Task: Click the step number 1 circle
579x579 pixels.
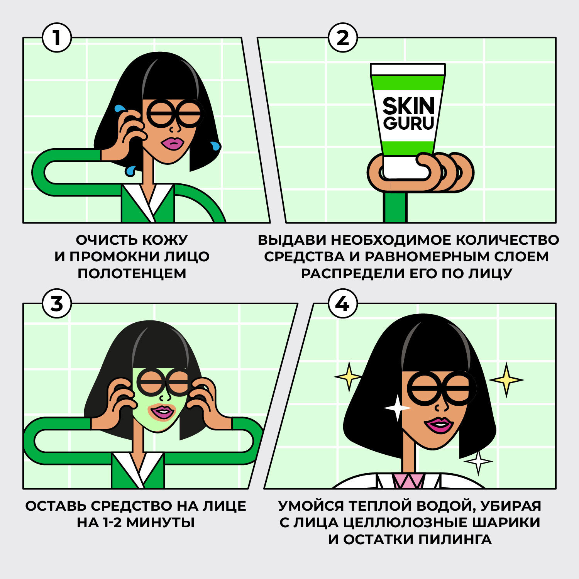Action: (57, 38)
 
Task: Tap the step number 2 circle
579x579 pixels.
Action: (343, 38)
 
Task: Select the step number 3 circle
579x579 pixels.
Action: (57, 303)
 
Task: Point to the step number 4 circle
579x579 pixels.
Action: (343, 303)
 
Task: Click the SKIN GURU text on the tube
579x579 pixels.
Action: (408, 113)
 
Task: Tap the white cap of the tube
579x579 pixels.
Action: (408, 69)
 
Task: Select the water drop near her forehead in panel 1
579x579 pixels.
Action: (118, 109)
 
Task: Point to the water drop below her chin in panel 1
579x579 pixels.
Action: (130, 170)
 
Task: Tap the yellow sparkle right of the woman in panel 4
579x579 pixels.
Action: (506, 380)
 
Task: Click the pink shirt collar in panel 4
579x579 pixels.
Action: (409, 481)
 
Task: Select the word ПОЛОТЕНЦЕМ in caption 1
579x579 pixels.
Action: (132, 273)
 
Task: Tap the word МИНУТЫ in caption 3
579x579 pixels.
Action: (161, 523)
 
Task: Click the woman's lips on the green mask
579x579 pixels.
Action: (163, 412)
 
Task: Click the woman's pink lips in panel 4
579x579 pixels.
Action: (439, 425)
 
